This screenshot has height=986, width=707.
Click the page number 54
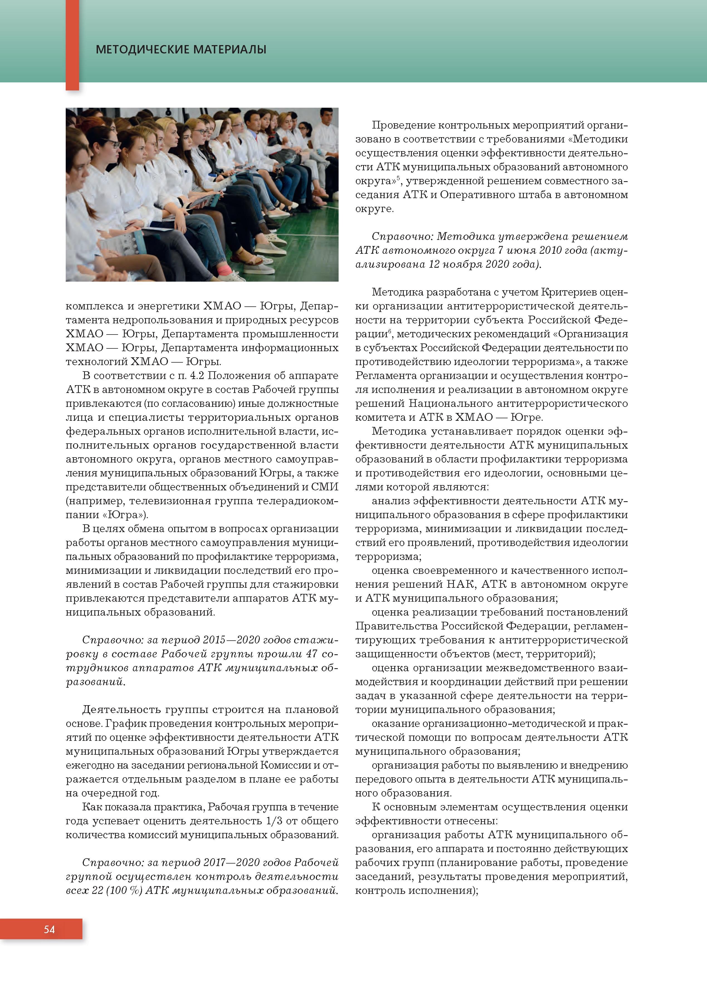coord(49,930)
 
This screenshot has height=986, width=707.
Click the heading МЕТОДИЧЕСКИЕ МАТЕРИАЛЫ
coord(181,50)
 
